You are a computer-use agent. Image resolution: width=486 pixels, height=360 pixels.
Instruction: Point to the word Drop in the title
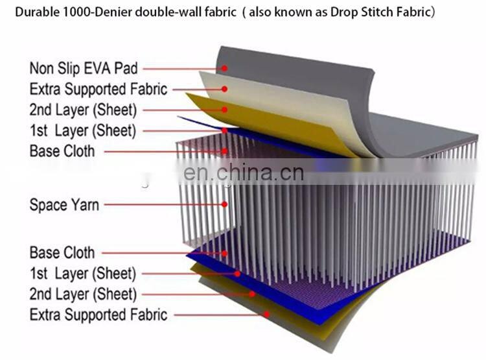pos(345,12)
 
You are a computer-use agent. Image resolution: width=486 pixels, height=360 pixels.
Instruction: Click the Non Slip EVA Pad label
pos(84,68)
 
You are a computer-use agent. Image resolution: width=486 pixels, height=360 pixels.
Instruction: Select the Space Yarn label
pos(64,205)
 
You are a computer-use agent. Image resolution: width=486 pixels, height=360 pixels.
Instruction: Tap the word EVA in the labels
pos(110,68)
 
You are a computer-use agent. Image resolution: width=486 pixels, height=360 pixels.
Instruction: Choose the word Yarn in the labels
pos(85,205)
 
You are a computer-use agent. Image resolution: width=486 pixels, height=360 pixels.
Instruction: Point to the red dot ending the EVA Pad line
pos(224,68)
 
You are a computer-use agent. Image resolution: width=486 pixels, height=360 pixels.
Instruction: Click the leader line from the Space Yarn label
pos(162,205)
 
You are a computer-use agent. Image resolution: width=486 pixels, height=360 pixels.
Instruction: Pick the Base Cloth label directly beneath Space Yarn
pos(62,252)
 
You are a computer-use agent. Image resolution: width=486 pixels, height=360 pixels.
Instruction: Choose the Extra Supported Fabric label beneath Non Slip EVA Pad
pos(98,90)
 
